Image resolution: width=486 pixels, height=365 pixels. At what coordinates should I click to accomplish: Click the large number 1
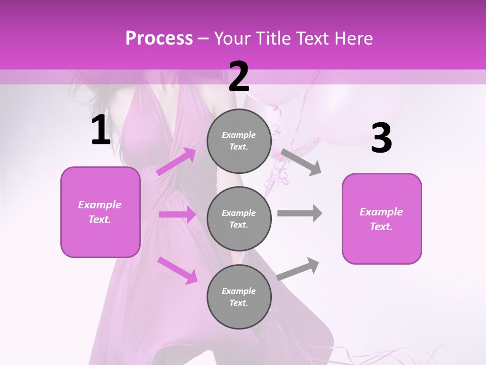click(101, 130)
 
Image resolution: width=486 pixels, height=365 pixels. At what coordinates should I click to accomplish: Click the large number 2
click(239, 77)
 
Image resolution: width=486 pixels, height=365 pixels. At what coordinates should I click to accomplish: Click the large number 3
click(381, 138)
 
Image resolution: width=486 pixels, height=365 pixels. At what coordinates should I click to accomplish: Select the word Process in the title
click(159, 38)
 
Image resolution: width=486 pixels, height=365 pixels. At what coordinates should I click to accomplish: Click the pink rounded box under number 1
click(100, 212)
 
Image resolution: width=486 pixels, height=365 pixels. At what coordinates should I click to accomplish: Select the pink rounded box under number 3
click(382, 218)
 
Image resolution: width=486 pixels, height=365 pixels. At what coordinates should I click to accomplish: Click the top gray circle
click(239, 141)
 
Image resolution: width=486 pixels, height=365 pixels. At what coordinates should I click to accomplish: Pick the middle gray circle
click(239, 218)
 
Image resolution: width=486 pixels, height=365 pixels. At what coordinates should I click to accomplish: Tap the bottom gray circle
click(239, 297)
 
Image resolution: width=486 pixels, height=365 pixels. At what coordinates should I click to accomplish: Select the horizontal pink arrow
click(177, 214)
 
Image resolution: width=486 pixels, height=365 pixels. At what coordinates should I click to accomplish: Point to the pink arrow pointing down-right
click(178, 270)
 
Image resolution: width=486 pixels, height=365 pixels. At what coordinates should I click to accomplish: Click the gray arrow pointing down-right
click(301, 162)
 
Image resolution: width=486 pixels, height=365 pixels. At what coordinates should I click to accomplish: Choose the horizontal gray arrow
click(299, 213)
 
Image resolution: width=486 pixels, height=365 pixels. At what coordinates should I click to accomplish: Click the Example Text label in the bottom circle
click(238, 297)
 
